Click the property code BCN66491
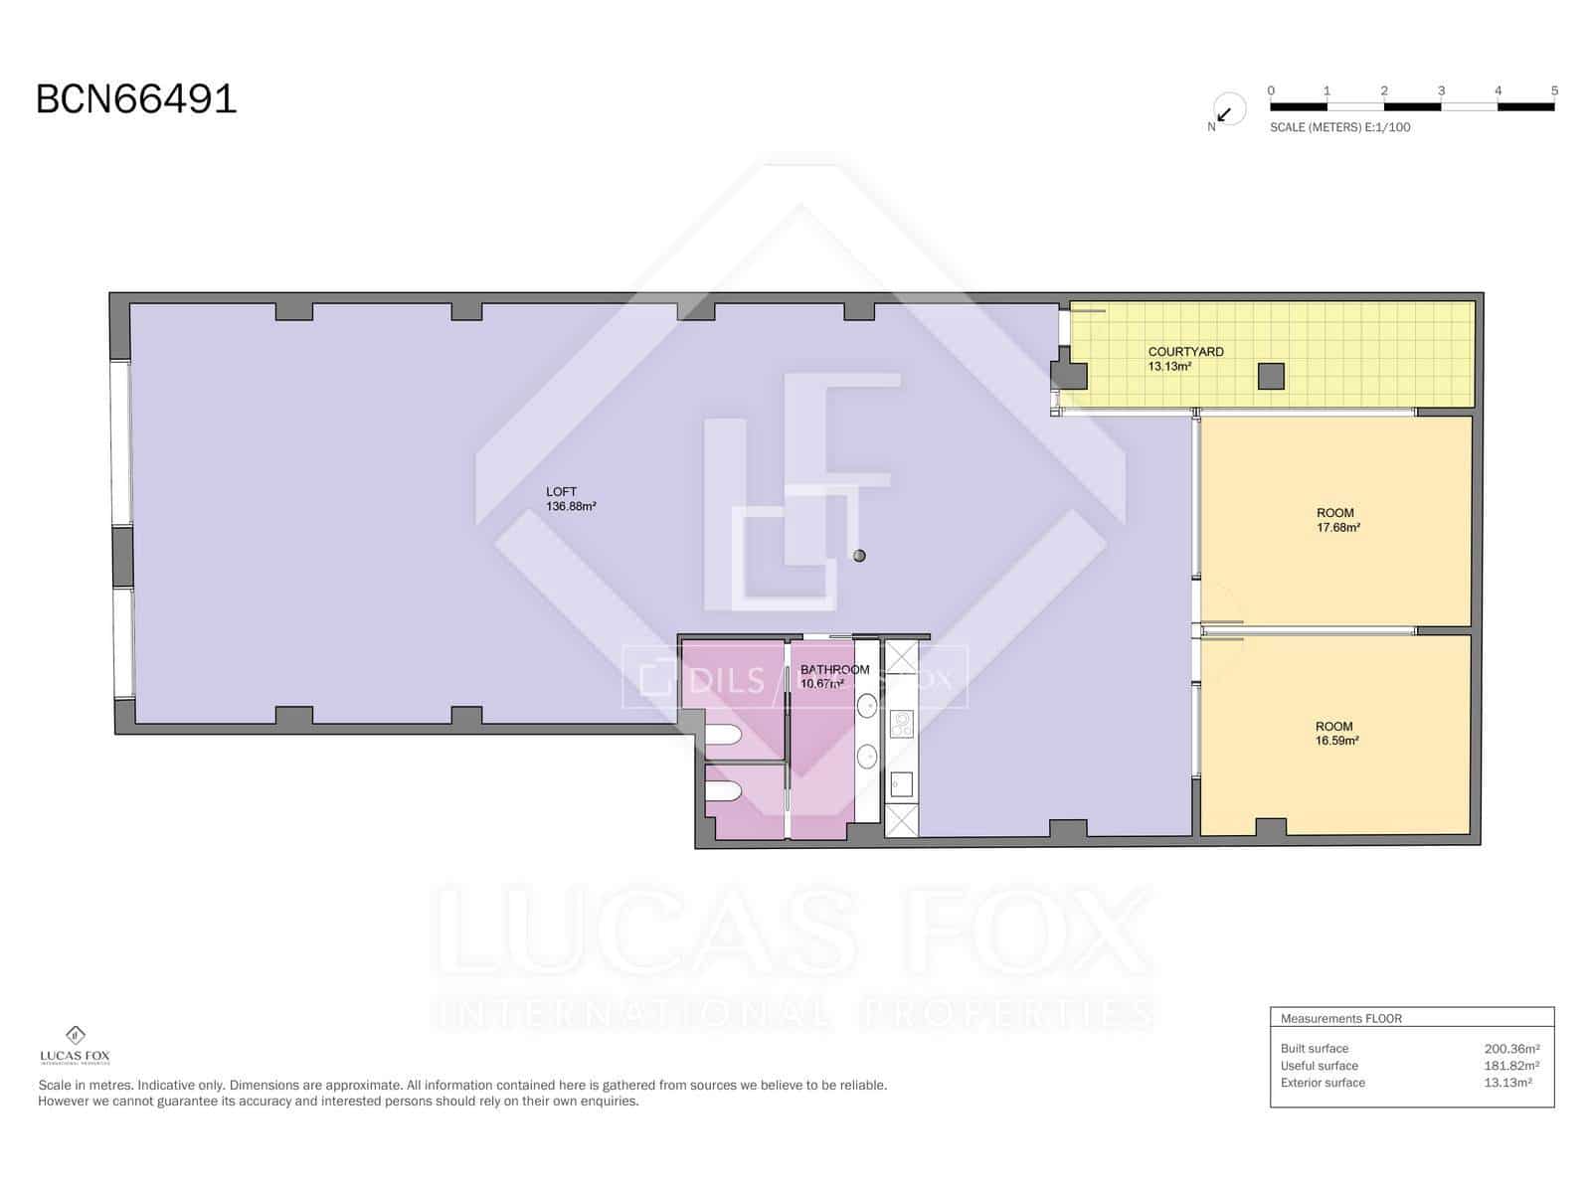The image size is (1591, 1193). pyautogui.click(x=136, y=99)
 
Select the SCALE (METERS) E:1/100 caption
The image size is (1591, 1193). pyautogui.click(x=1339, y=127)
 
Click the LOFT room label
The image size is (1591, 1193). pyautogui.click(x=561, y=491)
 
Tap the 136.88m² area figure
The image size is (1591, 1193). pyautogui.click(x=571, y=506)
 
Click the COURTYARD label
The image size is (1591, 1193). pyautogui.click(x=1185, y=352)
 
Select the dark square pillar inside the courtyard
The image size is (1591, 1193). pyautogui.click(x=1271, y=376)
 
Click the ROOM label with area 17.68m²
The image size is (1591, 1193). pyautogui.click(x=1334, y=513)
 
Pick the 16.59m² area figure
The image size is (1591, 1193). pyautogui.click(x=1336, y=741)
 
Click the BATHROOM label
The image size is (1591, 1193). pyautogui.click(x=834, y=670)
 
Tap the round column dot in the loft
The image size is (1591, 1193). pyautogui.click(x=859, y=556)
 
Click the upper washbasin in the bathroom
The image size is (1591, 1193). pyautogui.click(x=867, y=706)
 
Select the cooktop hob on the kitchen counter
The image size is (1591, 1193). pyautogui.click(x=901, y=724)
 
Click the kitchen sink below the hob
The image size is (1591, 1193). pyautogui.click(x=901, y=785)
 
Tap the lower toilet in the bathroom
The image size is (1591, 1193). pyautogui.click(x=724, y=791)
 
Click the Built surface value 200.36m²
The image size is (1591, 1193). pyautogui.click(x=1511, y=1049)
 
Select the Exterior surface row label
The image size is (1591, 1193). pyautogui.click(x=1323, y=1083)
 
